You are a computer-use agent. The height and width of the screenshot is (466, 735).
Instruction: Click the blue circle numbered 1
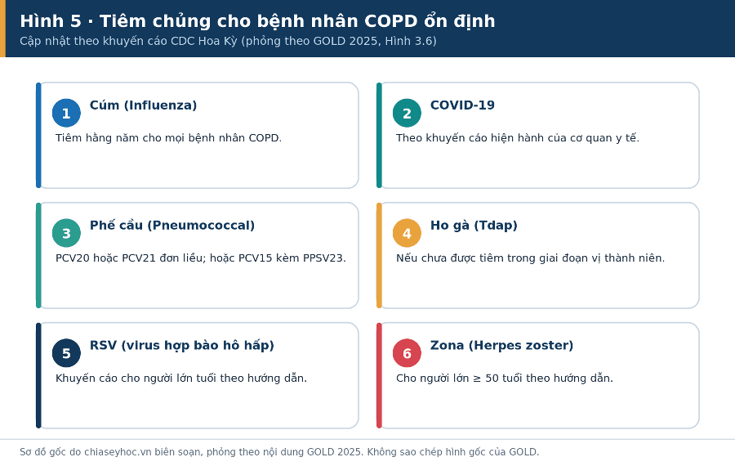[x=66, y=113]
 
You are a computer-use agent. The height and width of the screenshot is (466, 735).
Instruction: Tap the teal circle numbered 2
[x=407, y=113]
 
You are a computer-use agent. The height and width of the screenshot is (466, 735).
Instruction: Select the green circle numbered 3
[x=66, y=233]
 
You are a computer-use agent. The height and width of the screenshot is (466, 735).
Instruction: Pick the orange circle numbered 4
[x=407, y=233]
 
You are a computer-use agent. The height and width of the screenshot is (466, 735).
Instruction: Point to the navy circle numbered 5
[x=66, y=353]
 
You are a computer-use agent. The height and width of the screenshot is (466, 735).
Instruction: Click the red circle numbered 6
[x=407, y=353]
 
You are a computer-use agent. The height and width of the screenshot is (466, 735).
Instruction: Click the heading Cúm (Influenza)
[x=144, y=105]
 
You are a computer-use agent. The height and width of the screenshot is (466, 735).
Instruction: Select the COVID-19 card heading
[x=462, y=105]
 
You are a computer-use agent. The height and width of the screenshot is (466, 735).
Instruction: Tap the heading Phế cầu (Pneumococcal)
[x=172, y=226]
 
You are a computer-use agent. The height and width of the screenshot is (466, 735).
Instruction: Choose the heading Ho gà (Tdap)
[x=474, y=226]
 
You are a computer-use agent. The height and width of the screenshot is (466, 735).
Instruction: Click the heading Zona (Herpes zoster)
[x=501, y=345]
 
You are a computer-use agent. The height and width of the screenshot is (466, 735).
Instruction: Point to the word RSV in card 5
[x=103, y=345]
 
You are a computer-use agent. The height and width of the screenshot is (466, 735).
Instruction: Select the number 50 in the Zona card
[x=492, y=379]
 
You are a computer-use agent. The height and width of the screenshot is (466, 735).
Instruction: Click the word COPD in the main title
[x=391, y=21]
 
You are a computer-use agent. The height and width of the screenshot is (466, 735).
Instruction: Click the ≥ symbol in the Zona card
[x=477, y=379]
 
